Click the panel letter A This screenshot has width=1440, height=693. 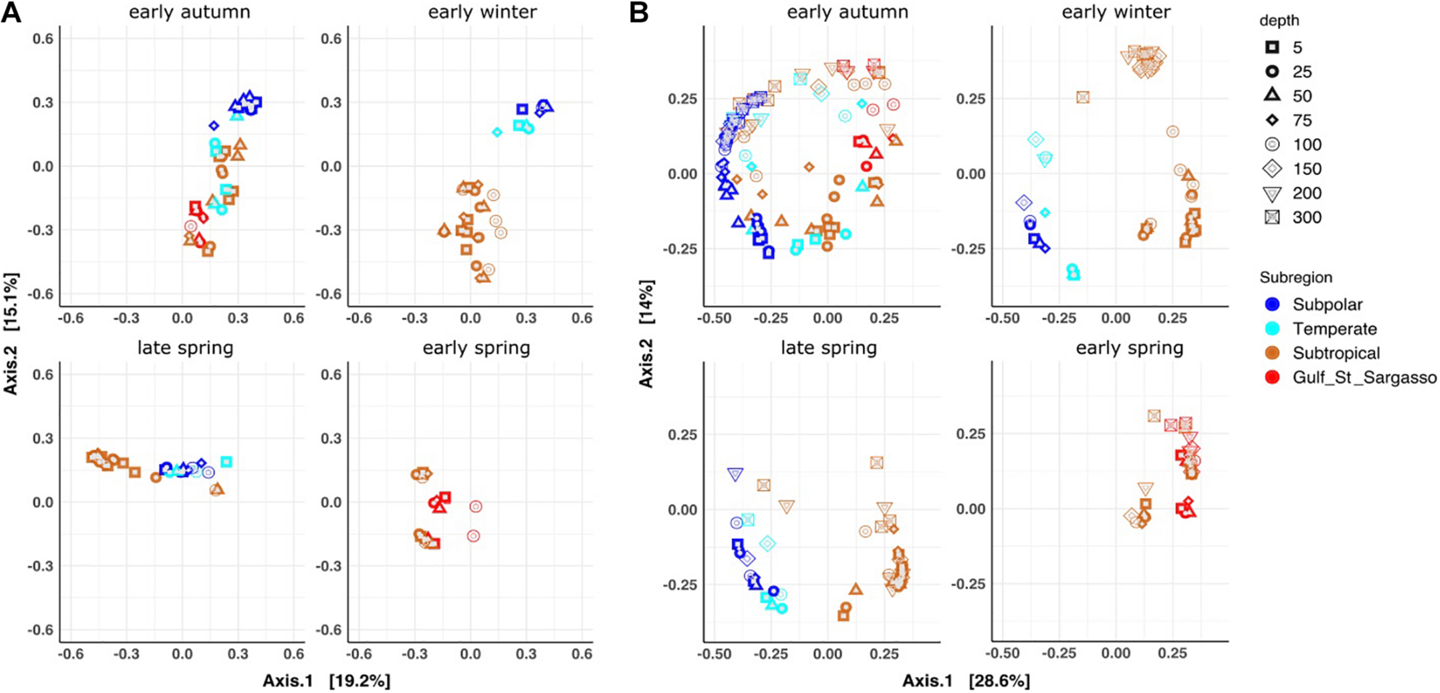[x=11, y=12]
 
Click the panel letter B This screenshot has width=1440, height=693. [x=639, y=12]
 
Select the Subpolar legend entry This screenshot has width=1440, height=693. [x=1327, y=304]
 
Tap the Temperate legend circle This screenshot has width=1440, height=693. [x=1272, y=328]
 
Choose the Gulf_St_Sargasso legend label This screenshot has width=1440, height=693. [x=1364, y=377]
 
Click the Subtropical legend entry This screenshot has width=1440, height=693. [x=1335, y=353]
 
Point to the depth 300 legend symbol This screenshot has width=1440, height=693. [x=1272, y=217]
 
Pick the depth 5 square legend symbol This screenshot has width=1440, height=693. [x=1272, y=47]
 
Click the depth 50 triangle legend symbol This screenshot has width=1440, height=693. [x=1272, y=96]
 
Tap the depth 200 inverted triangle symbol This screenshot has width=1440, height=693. [x=1272, y=194]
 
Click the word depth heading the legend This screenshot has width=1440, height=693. [x=1279, y=21]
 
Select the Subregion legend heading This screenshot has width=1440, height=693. [x=1295, y=278]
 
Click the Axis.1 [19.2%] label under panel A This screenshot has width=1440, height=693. [x=326, y=681]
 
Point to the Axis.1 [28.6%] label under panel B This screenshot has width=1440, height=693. [x=966, y=681]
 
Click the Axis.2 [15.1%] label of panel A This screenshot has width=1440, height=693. [x=11, y=334]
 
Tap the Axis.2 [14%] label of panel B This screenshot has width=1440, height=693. [x=646, y=334]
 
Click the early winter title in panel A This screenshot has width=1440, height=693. [x=482, y=12]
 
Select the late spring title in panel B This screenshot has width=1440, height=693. [x=828, y=348]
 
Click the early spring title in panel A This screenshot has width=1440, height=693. [x=476, y=348]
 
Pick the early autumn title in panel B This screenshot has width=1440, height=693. [x=847, y=12]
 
